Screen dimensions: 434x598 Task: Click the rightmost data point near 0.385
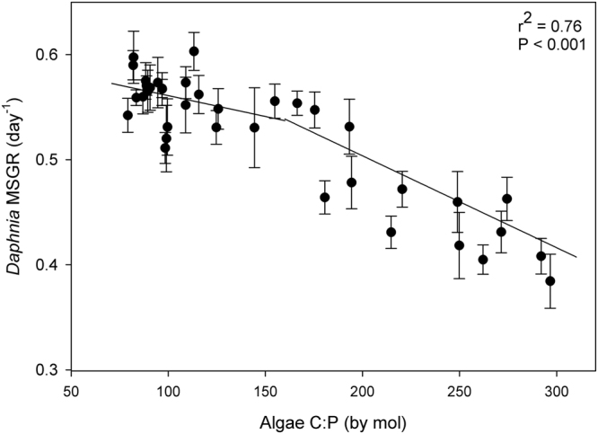tap(550, 281)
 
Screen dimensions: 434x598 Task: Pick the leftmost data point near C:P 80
tap(128, 115)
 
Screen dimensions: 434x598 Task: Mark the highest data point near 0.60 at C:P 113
tap(194, 51)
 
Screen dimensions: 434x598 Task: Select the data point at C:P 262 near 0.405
tap(483, 260)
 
